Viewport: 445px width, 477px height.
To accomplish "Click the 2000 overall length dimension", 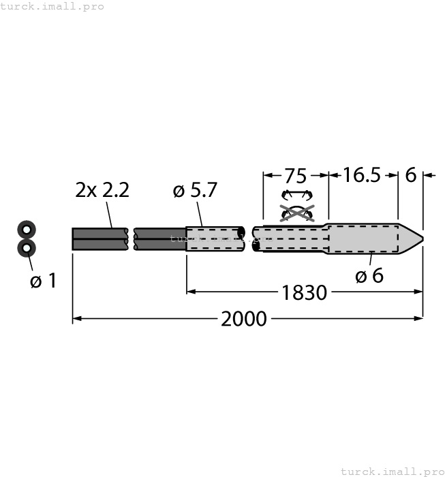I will coord(243,318).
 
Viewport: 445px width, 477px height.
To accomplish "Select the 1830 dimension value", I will coord(304,292).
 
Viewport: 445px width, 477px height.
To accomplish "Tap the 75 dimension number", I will coord(296,175).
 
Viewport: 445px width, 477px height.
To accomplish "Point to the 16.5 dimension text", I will coord(361,175).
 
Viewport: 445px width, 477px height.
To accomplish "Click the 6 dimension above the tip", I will coord(410,175).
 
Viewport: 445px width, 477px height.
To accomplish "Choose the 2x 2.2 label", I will coord(102,191).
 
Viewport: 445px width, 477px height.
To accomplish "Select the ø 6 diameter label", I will coord(369,275).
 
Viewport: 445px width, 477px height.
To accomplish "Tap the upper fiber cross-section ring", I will coord(26,229).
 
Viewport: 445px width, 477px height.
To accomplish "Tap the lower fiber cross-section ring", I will coord(26,248).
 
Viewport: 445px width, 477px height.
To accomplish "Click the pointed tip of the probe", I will coord(420,238).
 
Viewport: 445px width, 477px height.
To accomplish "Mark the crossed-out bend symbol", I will coord(296,213).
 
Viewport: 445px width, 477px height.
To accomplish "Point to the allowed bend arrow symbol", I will coord(296,195).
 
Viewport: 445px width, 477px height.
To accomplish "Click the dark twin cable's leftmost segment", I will coord(99,238).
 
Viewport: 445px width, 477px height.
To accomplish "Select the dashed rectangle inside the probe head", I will coord(363,238).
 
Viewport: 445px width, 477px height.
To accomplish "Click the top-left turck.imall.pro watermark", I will coord(52,6).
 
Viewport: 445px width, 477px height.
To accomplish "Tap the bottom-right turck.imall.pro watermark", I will coord(391,471).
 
